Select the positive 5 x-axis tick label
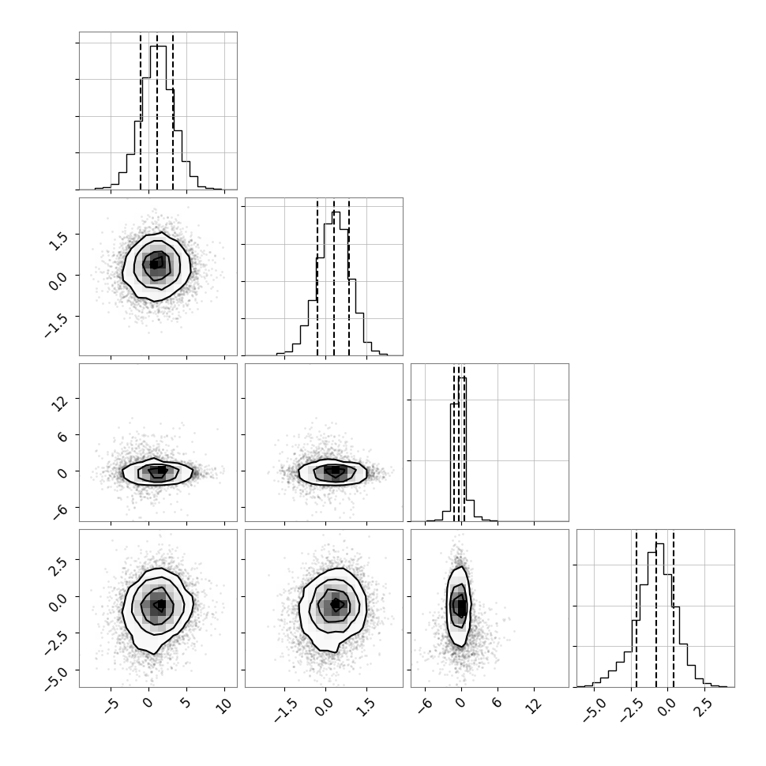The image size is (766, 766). coord(186,704)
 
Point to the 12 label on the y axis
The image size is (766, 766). coord(61,403)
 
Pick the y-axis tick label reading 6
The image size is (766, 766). coord(62,437)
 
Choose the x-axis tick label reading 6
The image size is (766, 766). coord(497,704)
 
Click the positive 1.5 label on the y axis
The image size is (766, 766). coord(59,239)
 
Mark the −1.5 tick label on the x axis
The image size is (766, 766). coord(285,710)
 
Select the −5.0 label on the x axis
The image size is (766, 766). coord(595,710)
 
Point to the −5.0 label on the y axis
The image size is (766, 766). coord(56,677)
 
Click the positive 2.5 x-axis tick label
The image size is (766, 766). coord(704,708)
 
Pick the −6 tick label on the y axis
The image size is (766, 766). coord(59,512)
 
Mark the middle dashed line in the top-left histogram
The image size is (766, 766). coord(157,111)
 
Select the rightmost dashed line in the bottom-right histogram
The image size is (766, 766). coord(674,608)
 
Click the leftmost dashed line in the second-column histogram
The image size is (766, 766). coord(317,276)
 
